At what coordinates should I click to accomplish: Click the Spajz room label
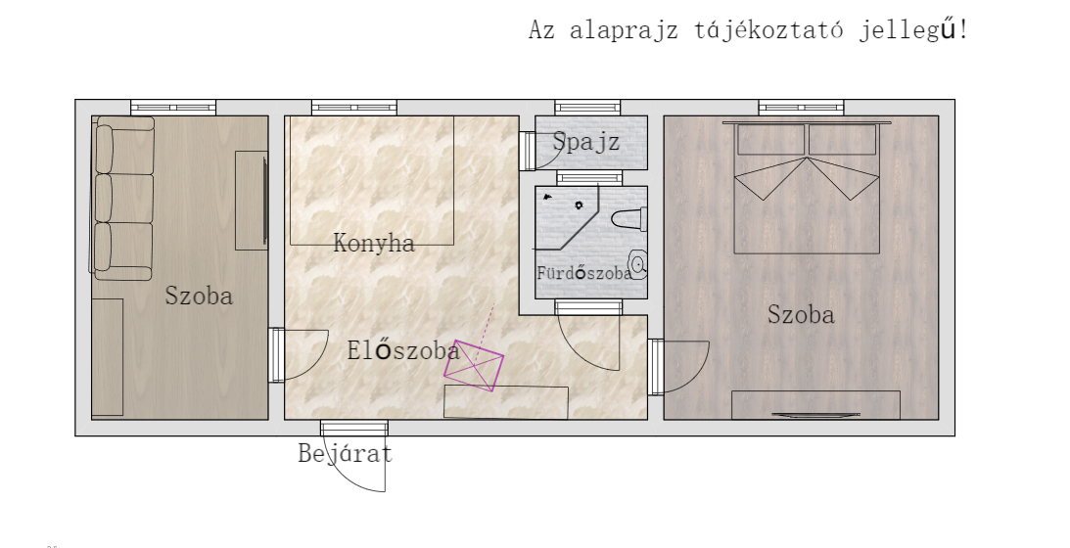point(585,142)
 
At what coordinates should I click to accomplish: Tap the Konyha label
point(374,243)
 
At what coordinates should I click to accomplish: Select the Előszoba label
point(403,350)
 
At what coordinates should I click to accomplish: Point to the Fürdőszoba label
point(583,273)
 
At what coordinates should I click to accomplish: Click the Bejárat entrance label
point(346,454)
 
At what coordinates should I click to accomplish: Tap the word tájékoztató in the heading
point(768,30)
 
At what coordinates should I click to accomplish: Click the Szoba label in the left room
point(199,296)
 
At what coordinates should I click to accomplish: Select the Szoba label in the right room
point(801,314)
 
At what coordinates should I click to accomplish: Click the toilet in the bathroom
point(628,219)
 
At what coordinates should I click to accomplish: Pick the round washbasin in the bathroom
point(637,265)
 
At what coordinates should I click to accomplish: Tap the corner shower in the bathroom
point(567,217)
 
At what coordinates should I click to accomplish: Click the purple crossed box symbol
point(474,366)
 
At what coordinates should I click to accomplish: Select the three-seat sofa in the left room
point(122,199)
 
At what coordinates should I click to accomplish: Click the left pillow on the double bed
point(771,140)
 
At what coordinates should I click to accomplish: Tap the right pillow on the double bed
point(842,140)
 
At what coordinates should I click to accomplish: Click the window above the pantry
point(587,107)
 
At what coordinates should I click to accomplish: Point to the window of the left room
point(173,107)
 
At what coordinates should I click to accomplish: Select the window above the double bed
point(801,107)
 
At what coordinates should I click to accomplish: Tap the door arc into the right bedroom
point(698,376)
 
